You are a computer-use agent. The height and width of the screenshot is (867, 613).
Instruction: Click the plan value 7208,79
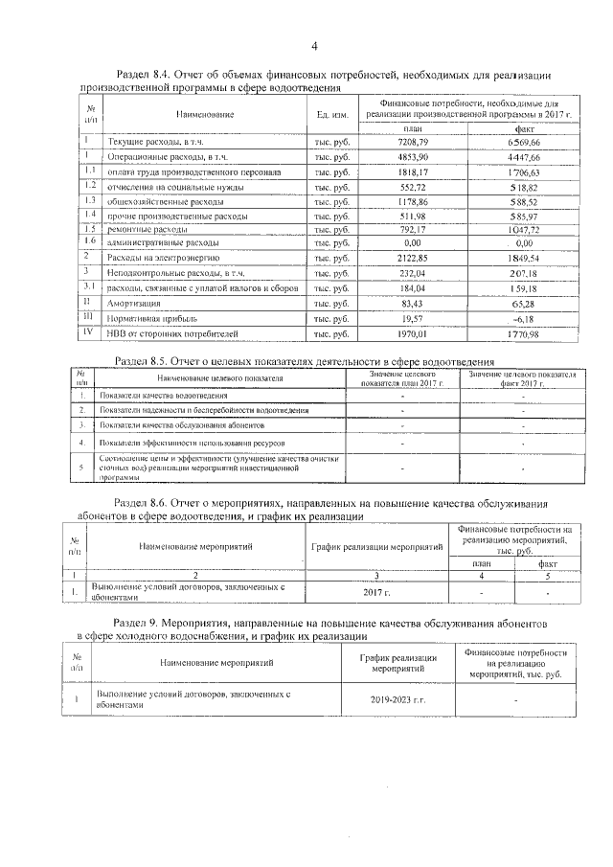413,142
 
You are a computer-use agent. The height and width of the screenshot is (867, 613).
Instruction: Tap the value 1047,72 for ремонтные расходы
523,230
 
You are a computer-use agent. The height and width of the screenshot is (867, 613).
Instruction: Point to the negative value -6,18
523,318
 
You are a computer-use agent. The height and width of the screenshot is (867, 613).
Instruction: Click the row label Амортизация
133,304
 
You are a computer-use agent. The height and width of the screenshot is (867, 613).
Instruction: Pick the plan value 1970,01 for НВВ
413,333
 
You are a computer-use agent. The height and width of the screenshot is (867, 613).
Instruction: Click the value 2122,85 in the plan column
413,259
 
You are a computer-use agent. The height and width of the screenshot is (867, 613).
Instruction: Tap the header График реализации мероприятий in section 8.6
376,546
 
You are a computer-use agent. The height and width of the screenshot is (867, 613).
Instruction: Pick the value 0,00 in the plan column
413,244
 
